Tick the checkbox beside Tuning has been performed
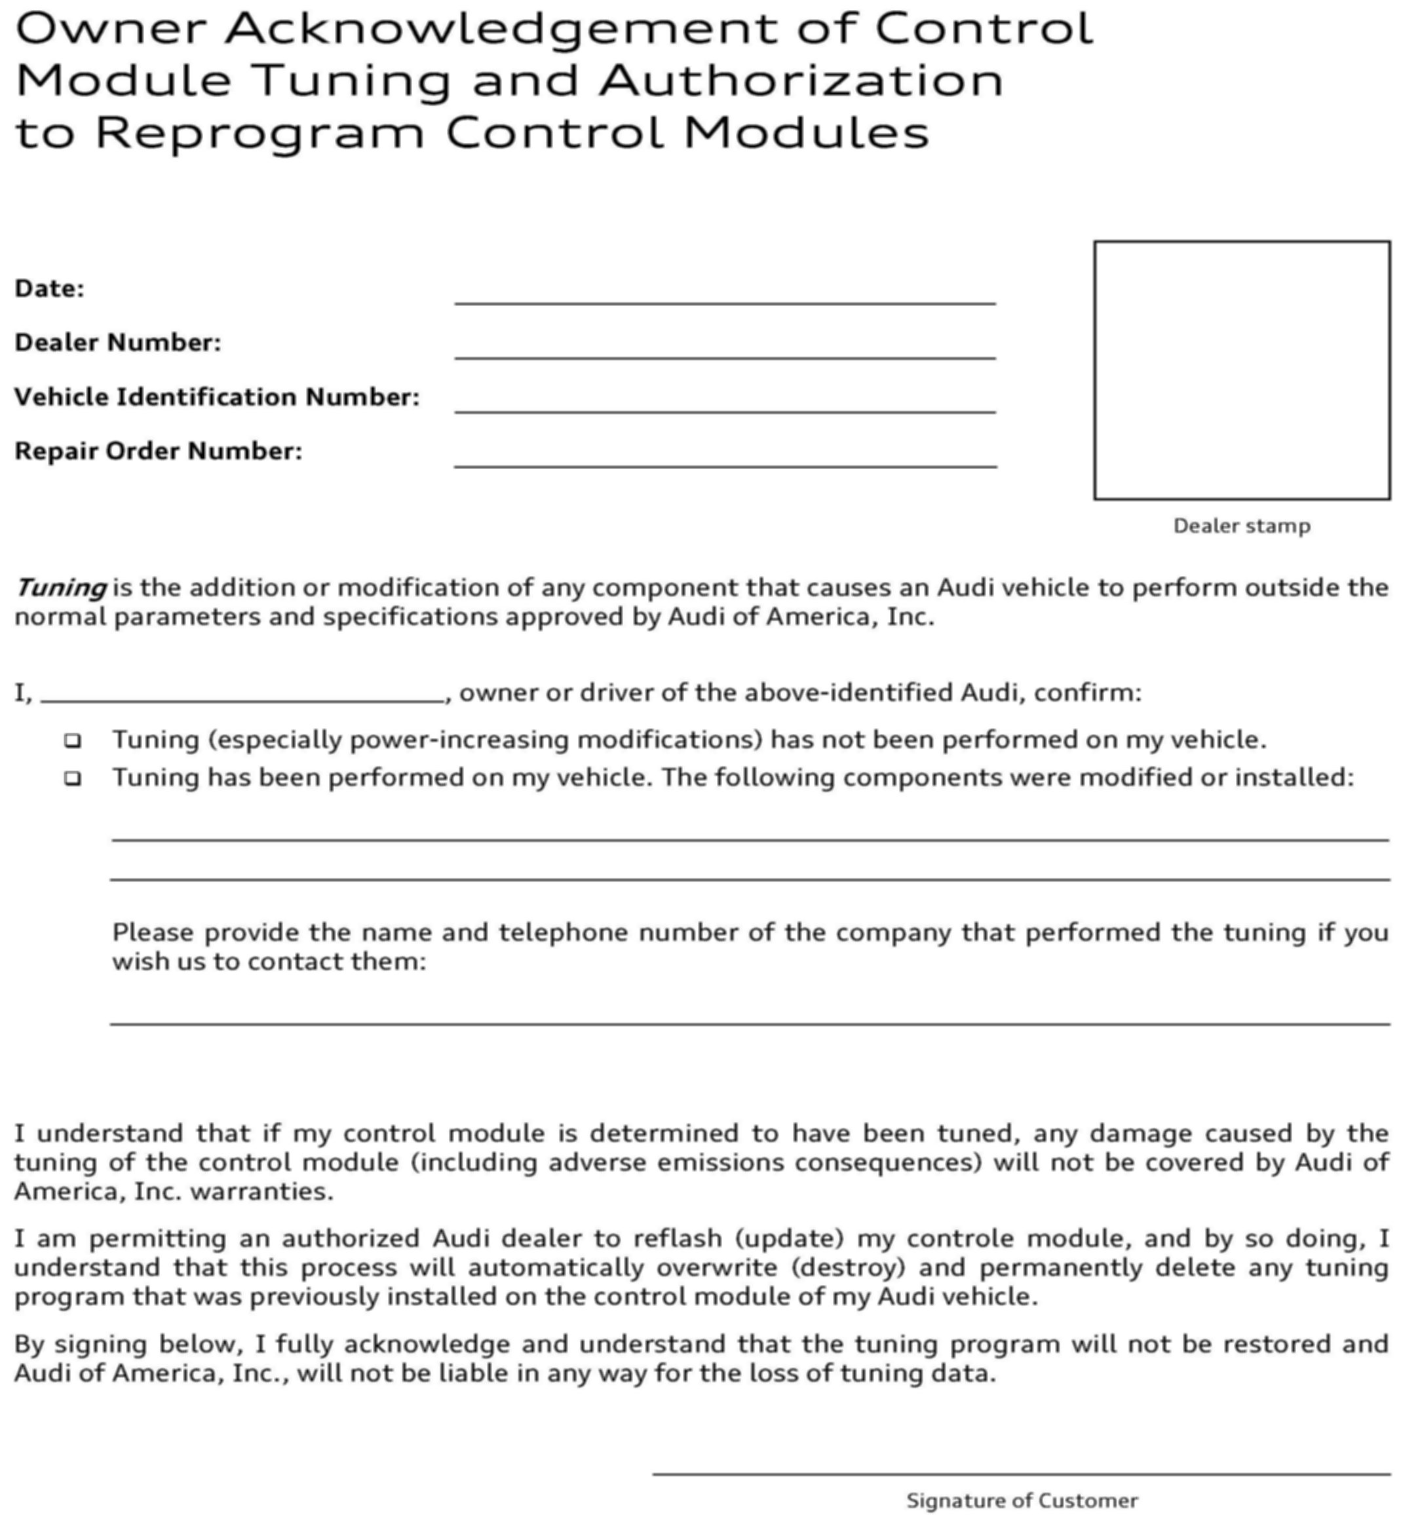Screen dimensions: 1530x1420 [73, 778]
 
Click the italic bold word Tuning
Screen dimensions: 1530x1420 [61, 588]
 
